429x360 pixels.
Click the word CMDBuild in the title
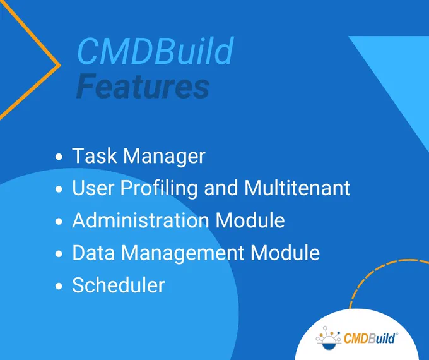(x=155, y=51)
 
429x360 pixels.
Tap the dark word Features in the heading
(x=143, y=86)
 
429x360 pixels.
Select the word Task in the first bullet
(x=95, y=155)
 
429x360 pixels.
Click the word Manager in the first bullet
(x=164, y=157)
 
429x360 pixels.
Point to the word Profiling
(x=159, y=189)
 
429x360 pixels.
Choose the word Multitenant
(x=297, y=188)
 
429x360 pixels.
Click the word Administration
(x=141, y=220)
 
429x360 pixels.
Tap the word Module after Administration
(x=250, y=220)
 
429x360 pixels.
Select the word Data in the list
(x=93, y=253)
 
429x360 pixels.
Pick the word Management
(x=183, y=253)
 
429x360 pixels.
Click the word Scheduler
(x=119, y=285)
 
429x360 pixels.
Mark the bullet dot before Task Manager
(x=59, y=157)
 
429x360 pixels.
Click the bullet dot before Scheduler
(x=59, y=286)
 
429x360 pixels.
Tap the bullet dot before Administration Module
(x=59, y=222)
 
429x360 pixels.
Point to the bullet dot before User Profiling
(x=59, y=189)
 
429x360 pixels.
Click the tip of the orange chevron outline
(x=60, y=65)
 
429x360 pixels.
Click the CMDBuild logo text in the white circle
(x=369, y=338)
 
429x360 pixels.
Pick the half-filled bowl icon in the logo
(x=329, y=344)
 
